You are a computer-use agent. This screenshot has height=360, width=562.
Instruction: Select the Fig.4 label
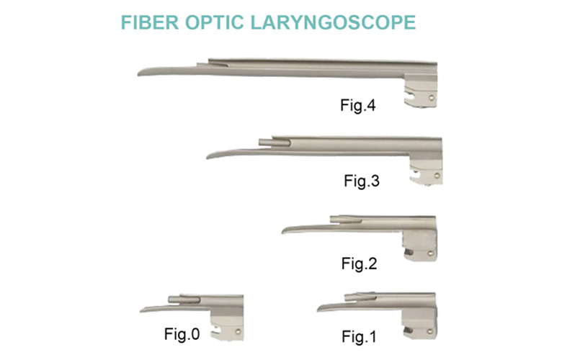click(x=358, y=106)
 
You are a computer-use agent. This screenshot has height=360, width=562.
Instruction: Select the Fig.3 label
click(x=361, y=181)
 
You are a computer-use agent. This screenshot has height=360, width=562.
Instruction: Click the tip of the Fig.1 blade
click(x=319, y=309)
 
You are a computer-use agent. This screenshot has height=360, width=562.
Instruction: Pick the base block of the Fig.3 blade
click(x=426, y=170)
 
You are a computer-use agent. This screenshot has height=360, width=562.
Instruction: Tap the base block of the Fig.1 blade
click(x=420, y=325)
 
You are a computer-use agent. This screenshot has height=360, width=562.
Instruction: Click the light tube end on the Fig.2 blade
click(x=333, y=218)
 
